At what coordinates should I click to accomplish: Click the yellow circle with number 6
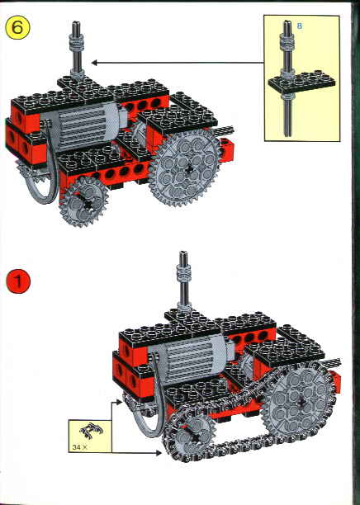tap(19, 26)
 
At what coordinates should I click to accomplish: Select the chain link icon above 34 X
tap(84, 432)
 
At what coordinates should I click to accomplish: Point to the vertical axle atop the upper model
tap(75, 50)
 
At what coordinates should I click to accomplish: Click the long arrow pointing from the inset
tap(173, 61)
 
